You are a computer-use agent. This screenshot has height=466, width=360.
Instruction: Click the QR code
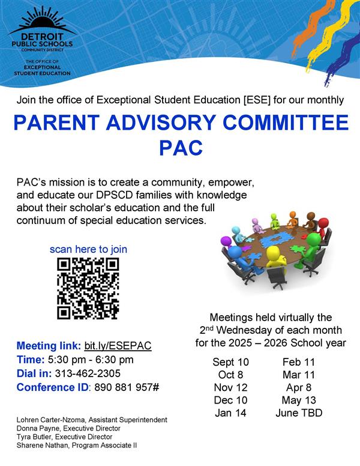click(x=88, y=288)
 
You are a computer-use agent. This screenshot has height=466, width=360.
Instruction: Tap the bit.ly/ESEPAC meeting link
click(x=118, y=346)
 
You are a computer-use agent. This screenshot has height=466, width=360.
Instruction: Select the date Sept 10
click(x=230, y=362)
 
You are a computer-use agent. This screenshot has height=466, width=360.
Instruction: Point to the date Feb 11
click(x=298, y=362)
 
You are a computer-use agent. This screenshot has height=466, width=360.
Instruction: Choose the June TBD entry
click(x=298, y=413)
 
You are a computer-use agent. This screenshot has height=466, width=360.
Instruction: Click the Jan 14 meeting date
click(x=230, y=413)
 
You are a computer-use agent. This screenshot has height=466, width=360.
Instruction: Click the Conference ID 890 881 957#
click(x=125, y=387)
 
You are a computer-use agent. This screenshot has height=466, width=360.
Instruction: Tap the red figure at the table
click(x=322, y=227)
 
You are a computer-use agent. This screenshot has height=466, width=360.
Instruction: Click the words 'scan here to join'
click(x=88, y=249)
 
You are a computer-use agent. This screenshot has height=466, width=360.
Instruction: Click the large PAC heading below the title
click(x=180, y=148)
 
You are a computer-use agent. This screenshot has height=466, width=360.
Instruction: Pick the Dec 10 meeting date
click(x=230, y=400)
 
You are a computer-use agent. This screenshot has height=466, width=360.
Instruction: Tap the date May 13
click(x=298, y=400)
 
